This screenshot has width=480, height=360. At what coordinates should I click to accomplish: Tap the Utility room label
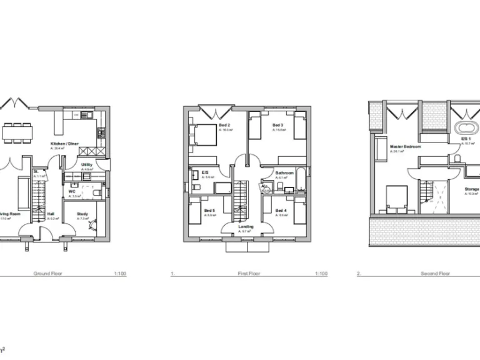click(87, 165)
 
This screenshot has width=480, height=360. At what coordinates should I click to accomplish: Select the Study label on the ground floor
click(82, 214)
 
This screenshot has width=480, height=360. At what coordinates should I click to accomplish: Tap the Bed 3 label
click(278, 126)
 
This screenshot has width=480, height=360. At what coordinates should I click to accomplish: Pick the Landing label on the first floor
click(246, 227)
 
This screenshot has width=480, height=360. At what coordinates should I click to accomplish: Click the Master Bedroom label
click(404, 147)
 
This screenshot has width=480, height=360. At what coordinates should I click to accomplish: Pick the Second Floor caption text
click(435, 274)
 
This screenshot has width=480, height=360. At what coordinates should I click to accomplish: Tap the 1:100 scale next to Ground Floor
click(121, 274)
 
